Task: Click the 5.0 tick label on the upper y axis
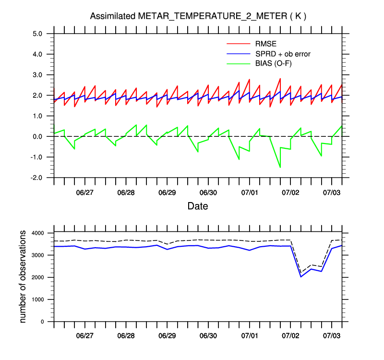point(38,34)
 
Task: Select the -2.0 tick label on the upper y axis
point(37,178)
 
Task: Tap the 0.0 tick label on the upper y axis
point(38,136)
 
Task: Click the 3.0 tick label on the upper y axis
point(38,75)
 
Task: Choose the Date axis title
point(198,206)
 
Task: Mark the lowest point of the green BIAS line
point(280,168)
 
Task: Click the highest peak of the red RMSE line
point(280,78)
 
